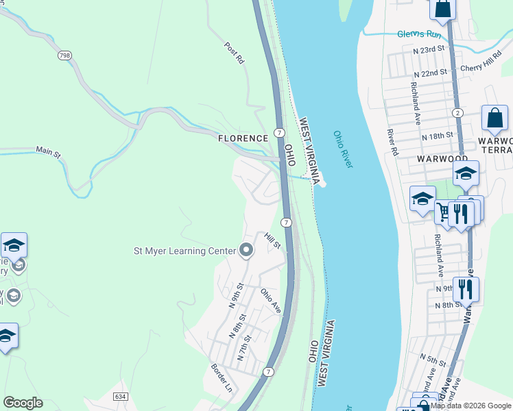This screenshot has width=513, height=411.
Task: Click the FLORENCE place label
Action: click(243, 138)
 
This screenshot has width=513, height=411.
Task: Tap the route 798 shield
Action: click(64, 55)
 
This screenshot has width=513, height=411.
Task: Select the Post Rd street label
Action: click(235, 53)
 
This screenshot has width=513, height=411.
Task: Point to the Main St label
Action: click(48, 151)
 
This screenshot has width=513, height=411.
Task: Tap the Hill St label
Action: click(273, 241)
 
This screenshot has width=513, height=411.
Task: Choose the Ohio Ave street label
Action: click(271, 300)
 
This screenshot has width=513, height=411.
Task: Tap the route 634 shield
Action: click(121, 397)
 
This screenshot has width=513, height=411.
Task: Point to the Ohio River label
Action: click(342, 149)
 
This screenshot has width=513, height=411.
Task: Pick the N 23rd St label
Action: click(429, 50)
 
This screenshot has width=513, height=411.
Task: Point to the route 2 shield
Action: click(457, 112)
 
